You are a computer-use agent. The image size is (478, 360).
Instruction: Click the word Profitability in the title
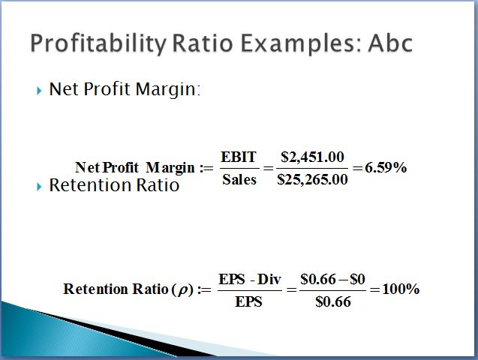tap(98, 43)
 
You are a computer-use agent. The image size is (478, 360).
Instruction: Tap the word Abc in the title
tap(390, 43)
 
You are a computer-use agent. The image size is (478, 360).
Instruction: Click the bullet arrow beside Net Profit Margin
tap(39, 91)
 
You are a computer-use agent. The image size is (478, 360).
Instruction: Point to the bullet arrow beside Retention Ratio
tap(39, 187)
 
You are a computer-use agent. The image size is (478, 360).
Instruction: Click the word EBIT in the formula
tap(239, 157)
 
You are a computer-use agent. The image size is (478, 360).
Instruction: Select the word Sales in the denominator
tap(239, 179)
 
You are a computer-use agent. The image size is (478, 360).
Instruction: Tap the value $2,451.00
tap(312, 157)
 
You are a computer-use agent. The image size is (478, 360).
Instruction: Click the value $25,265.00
tap(312, 179)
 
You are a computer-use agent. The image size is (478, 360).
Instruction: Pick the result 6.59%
tap(386, 167)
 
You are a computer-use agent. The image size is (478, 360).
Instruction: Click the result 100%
tap(401, 289)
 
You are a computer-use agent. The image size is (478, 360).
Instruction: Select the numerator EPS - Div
tap(250, 279)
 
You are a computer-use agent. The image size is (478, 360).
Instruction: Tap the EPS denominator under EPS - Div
tap(249, 301)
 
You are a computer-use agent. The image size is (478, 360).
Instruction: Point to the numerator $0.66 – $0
tap(332, 279)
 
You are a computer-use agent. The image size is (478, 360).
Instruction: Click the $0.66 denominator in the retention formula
tap(333, 301)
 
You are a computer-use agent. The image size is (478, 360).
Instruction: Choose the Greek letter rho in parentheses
tap(182, 290)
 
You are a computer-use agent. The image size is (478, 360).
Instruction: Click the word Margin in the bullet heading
tap(168, 89)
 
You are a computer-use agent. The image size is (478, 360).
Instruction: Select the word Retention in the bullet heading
tap(90, 184)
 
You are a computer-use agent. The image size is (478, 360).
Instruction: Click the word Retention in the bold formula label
tap(95, 289)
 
